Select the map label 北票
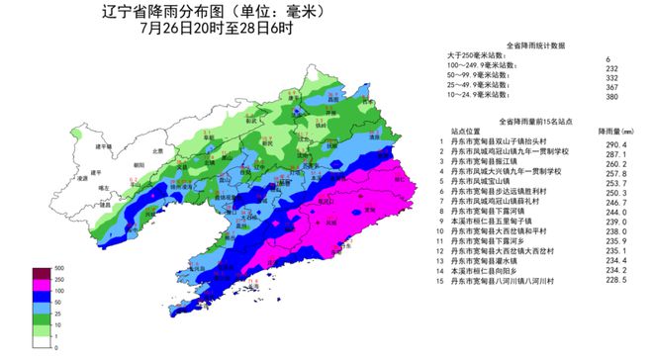pyautogui.click(x=155, y=150)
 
